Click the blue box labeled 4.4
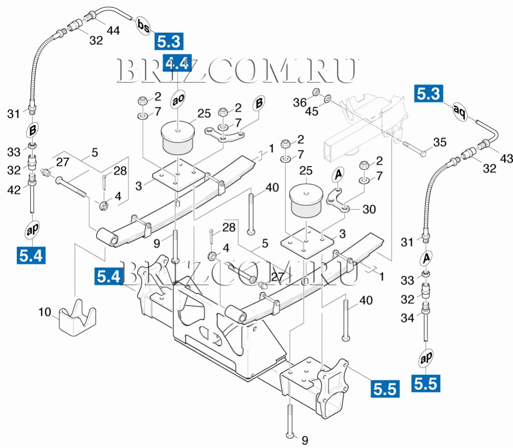(x=176, y=64)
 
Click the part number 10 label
(x=44, y=312)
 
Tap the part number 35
(x=439, y=143)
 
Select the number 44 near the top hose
(x=113, y=31)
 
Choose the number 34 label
(x=407, y=319)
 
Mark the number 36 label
(x=300, y=102)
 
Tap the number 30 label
(x=368, y=209)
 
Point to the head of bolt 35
(x=423, y=154)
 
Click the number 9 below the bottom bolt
(x=305, y=439)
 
